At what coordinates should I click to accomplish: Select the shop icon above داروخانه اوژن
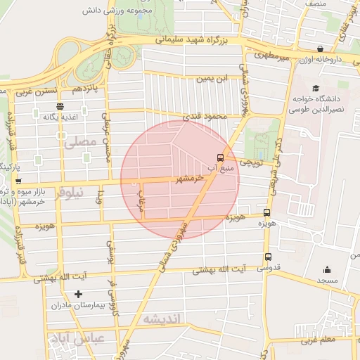(x=321, y=49)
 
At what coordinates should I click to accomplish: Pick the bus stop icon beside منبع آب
(x=221, y=157)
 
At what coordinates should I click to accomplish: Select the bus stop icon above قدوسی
(x=268, y=257)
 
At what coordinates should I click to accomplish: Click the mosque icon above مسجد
(x=327, y=269)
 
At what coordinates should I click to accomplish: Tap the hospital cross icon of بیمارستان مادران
(x=77, y=294)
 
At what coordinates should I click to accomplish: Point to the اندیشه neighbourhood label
(x=162, y=319)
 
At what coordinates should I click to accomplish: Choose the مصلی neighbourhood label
(x=79, y=141)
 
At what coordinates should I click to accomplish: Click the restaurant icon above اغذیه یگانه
(x=60, y=107)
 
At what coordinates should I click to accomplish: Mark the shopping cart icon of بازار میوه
(x=18, y=181)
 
